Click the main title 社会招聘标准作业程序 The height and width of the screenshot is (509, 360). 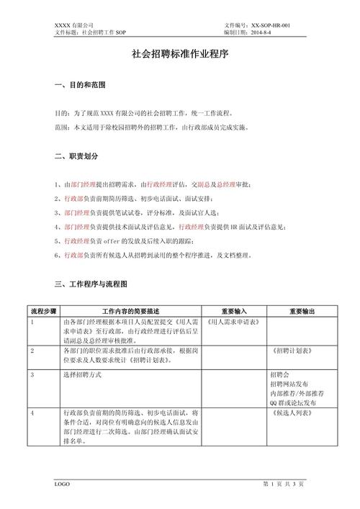180,54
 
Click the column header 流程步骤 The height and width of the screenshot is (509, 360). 42,311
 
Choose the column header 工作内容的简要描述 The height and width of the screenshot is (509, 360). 131,311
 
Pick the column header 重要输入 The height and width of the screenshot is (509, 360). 233,311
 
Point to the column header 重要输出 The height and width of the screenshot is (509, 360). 302,311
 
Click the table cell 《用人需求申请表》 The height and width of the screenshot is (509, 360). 236,322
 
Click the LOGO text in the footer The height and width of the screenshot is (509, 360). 62,484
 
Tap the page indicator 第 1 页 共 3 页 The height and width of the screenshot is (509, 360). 284,484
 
